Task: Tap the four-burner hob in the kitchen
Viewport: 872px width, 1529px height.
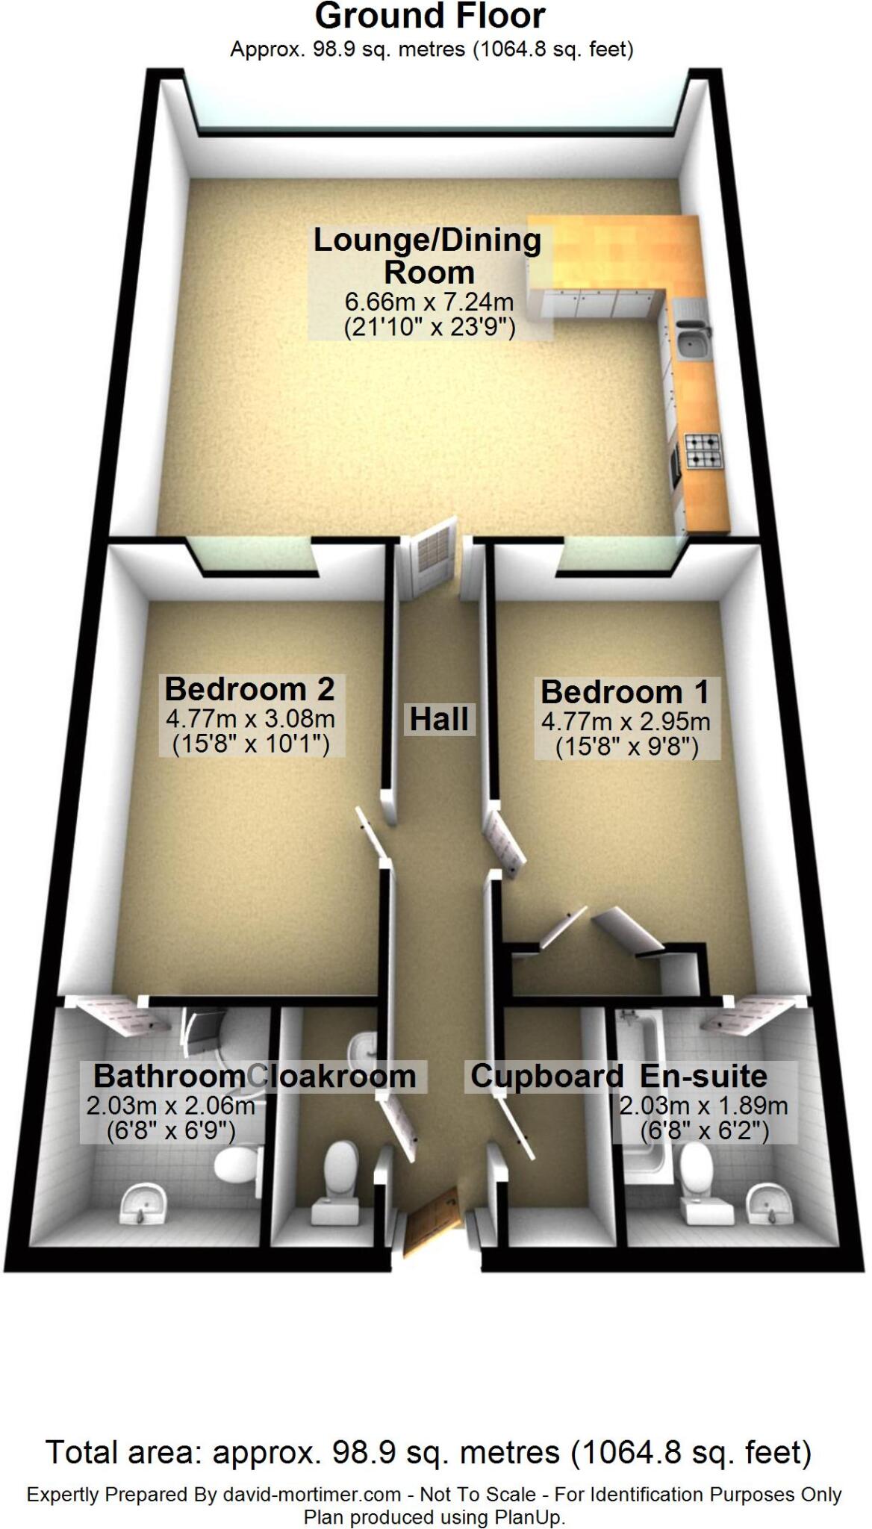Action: coord(701,451)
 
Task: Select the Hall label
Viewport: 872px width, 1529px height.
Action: coord(439,720)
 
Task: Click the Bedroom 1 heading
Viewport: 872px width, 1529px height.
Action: coord(624,692)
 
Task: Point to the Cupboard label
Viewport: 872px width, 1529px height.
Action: coord(546,1076)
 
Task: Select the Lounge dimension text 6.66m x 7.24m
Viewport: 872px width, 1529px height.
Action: coord(429,302)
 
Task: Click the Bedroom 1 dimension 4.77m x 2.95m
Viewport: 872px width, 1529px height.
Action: coord(626,722)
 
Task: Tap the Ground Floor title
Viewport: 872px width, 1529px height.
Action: coord(430,16)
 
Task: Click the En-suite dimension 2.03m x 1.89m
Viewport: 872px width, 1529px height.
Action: coord(703,1106)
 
